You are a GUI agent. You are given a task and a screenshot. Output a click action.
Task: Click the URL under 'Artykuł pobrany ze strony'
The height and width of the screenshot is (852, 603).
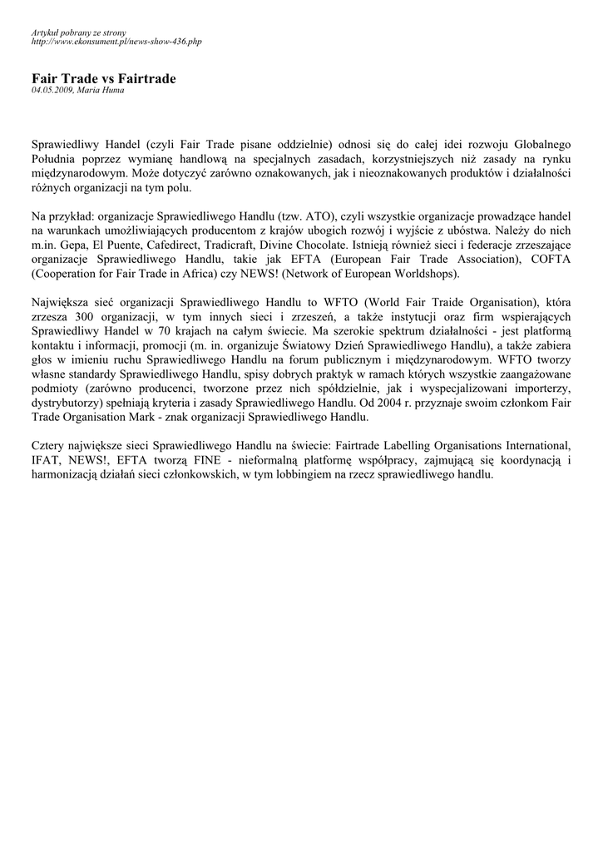116,41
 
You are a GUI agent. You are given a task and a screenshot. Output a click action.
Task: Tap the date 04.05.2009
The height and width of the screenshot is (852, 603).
51,90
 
